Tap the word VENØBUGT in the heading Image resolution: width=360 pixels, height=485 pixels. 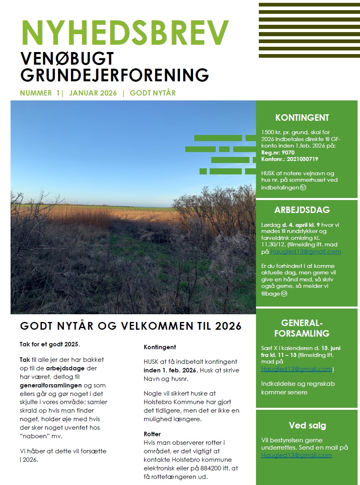point(67,59)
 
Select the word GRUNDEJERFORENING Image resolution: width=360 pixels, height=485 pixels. point(114,75)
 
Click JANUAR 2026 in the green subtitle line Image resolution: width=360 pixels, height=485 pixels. point(93,93)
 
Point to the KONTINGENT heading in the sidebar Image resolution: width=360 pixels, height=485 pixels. point(302,118)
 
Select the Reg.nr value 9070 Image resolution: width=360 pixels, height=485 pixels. point(288,152)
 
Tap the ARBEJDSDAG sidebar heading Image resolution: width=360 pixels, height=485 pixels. point(302,210)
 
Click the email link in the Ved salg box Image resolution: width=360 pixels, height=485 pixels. point(296,455)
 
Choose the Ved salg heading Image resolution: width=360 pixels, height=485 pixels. point(308,426)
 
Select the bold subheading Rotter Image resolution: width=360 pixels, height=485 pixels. point(152,434)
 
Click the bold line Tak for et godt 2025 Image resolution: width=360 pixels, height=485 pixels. point(50,344)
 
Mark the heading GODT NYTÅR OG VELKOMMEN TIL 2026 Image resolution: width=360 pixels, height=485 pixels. point(131,326)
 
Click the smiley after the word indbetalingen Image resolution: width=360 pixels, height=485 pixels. point(303,187)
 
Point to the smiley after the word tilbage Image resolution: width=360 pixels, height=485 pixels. point(284,294)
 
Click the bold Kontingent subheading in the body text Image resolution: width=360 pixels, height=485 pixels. point(160,347)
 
